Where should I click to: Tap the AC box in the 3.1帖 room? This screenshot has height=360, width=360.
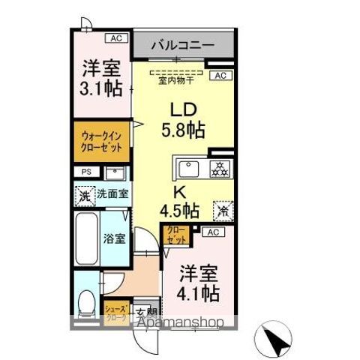[116, 37]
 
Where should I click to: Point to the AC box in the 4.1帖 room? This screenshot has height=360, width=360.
[212, 232]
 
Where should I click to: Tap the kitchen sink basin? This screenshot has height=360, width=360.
[188, 166]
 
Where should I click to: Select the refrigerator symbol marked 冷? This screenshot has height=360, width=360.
[223, 211]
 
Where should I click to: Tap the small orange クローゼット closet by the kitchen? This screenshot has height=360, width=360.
[175, 234]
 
